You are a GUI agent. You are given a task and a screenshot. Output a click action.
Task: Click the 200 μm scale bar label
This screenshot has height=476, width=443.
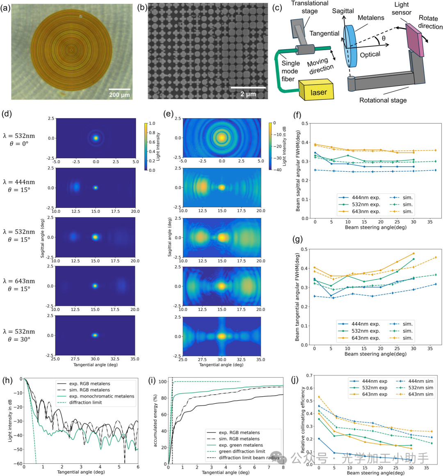coord(119,95)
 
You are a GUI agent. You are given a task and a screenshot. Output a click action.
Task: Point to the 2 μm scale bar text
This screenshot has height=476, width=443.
coord(248,94)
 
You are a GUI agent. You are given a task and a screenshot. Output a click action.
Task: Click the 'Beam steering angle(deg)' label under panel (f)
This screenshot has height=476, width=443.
coord(375,227)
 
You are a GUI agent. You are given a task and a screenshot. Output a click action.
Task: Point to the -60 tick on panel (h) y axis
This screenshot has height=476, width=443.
coord(18,464)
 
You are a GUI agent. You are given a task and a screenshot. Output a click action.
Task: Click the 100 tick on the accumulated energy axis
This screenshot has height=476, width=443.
coord(163,382)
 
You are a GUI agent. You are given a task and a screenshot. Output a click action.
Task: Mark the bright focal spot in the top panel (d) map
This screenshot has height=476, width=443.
coord(96,138)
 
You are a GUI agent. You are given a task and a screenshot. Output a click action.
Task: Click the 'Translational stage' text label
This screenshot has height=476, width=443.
coord(310,7)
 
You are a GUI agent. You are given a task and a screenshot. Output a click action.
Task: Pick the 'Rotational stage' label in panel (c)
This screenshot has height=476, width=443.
coord(383,100)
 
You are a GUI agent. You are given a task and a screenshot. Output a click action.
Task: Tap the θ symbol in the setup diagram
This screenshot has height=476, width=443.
coord(384,38)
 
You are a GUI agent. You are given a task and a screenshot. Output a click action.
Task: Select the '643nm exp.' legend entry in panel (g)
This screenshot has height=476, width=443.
coord(365,338)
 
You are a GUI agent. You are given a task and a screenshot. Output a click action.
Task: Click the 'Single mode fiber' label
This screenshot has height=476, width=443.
coord(290,71)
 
